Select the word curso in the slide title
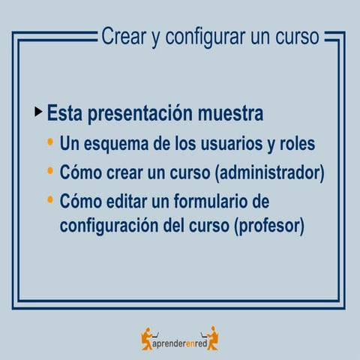tap(298, 35)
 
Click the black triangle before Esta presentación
tap(38, 112)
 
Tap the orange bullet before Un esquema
tap(50, 142)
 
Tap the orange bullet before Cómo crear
tap(50, 171)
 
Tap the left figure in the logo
tap(148, 339)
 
